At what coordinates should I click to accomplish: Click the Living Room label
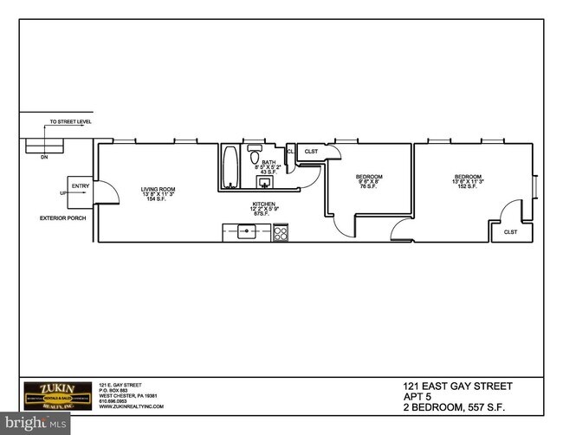coord(159,193)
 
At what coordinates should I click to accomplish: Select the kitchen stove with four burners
coord(281,232)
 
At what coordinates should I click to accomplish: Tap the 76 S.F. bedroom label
coord(369,181)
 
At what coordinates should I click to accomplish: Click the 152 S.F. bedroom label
coord(468,181)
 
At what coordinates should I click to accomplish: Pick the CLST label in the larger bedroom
coord(510,231)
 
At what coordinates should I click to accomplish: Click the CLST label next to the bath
coord(311,152)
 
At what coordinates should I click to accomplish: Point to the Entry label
coord(81,185)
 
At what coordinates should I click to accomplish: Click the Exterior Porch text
coord(59,217)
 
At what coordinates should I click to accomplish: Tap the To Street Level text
coord(69,123)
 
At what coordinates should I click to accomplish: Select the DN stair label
coord(43,158)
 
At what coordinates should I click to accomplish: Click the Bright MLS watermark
coord(35,423)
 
